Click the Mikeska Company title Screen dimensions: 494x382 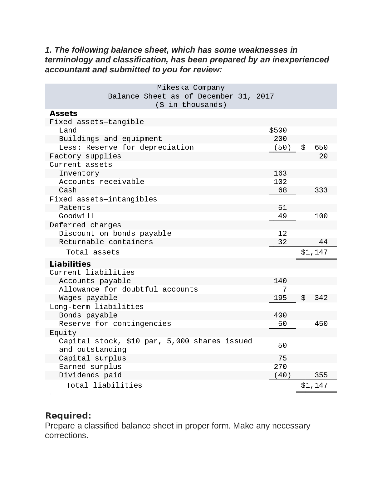click(191, 88)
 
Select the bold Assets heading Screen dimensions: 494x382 click(63, 113)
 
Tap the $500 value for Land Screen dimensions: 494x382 click(278, 130)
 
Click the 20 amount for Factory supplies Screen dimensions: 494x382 click(323, 156)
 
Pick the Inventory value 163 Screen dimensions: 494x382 click(280, 173)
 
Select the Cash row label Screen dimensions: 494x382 click(68, 190)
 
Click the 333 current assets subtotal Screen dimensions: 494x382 click(321, 190)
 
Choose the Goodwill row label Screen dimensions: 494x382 click(77, 216)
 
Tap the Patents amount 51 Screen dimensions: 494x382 click(282, 208)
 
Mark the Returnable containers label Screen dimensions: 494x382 click(106, 242)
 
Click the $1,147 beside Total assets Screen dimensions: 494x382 click(314, 252)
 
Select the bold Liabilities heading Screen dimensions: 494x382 click(70, 264)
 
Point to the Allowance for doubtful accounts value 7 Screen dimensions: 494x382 click(284, 289)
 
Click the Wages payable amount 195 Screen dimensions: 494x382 click(280, 298)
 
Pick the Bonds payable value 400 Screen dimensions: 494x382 click(280, 315)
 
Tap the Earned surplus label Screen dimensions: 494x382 click(90, 367)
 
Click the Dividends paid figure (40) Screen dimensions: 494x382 click(282, 375)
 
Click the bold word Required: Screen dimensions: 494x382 click(68, 416)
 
